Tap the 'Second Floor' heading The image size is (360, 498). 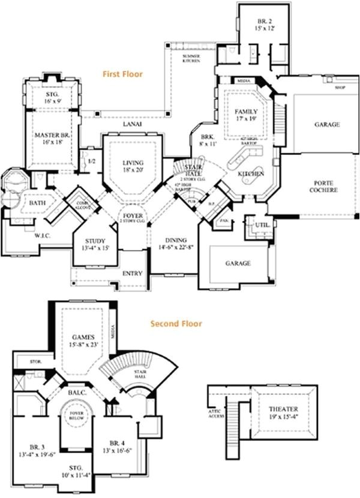176,323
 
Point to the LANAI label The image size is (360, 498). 132,123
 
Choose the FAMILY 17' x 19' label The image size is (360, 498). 246,115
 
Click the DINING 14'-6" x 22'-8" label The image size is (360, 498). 176,243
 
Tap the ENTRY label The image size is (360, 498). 132,274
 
